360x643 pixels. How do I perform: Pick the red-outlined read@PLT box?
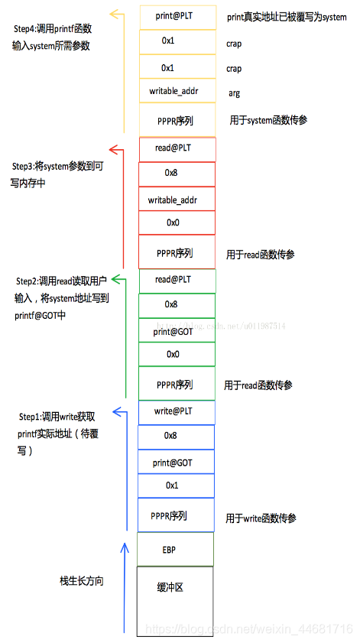coord(177,148)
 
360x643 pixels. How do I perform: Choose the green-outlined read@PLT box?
coord(177,280)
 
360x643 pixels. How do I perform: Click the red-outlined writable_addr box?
coord(177,200)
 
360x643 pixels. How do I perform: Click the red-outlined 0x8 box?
coord(177,174)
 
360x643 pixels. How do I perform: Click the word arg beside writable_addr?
coord(234,93)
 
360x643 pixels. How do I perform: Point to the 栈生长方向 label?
coord(81,581)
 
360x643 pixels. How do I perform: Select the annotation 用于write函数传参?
coord(261,518)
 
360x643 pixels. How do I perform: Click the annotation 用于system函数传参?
coord(268,121)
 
